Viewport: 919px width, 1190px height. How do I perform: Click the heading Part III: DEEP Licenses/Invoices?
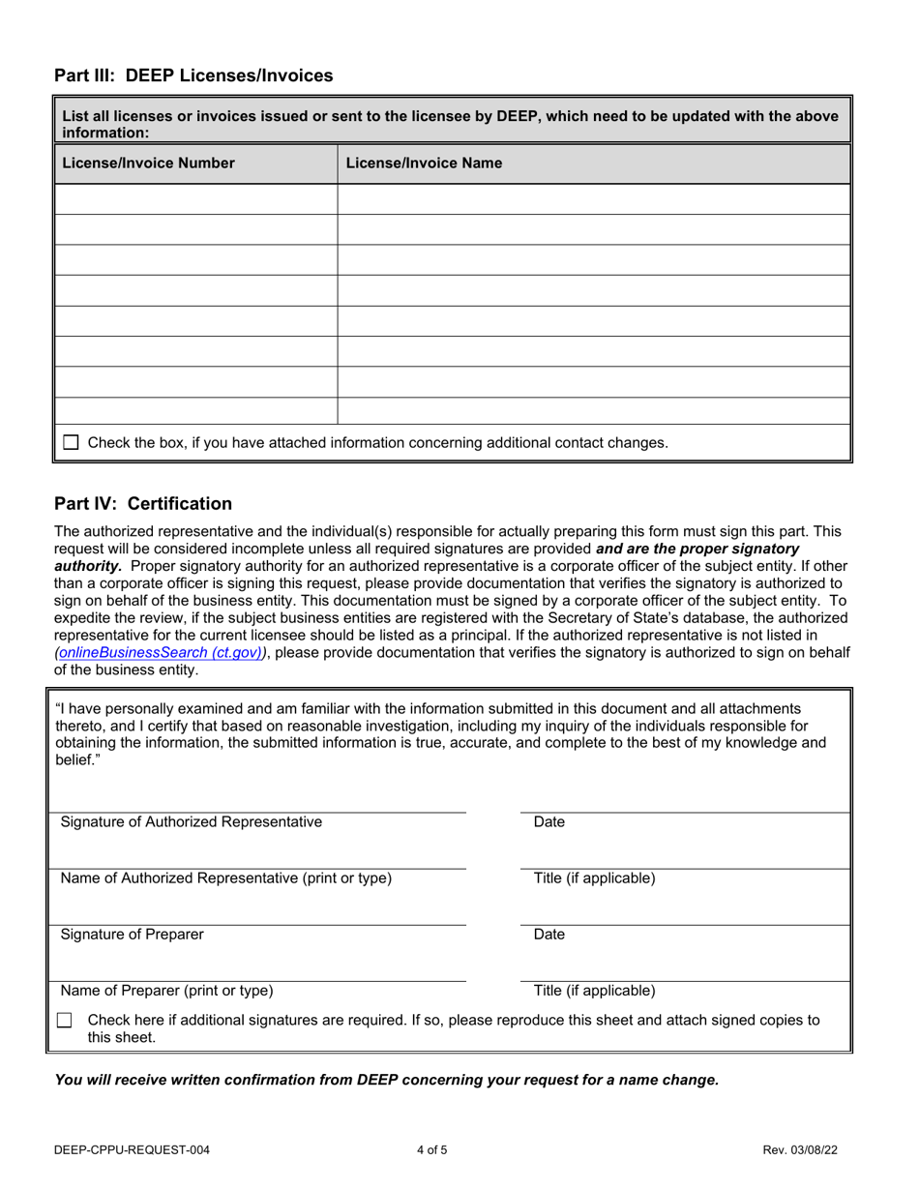pos(193,75)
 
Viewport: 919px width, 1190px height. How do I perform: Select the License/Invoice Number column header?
pos(148,164)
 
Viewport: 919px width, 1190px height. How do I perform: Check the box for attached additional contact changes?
pos(71,443)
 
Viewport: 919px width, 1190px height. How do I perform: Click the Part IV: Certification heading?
pos(143,504)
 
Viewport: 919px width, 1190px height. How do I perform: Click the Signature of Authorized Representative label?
pos(192,822)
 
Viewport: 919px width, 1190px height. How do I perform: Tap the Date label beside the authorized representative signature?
pos(548,822)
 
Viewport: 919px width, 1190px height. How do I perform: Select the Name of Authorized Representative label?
pos(226,878)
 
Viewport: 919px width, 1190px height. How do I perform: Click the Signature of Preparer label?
pos(133,935)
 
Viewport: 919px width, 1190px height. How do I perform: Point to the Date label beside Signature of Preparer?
pos(548,935)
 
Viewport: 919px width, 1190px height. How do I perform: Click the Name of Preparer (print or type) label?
pos(166,991)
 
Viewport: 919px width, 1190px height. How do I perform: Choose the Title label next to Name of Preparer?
pos(594,991)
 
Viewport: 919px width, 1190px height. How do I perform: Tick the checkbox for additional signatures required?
pos(65,1021)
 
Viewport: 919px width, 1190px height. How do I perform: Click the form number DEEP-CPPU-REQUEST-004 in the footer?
pos(133,1150)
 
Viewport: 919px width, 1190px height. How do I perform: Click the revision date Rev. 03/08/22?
pos(800,1150)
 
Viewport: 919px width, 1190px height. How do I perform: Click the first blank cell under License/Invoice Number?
pos(196,199)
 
